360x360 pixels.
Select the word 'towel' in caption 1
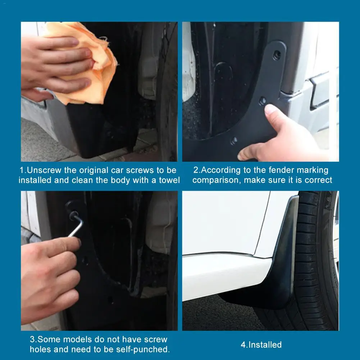click(169, 180)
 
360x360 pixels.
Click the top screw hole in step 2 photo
click(277, 55)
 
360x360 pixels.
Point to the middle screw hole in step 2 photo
click(263, 101)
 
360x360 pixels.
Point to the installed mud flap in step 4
click(281, 266)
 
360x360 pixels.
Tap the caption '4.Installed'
click(261, 345)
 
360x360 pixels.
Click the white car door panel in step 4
click(223, 223)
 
